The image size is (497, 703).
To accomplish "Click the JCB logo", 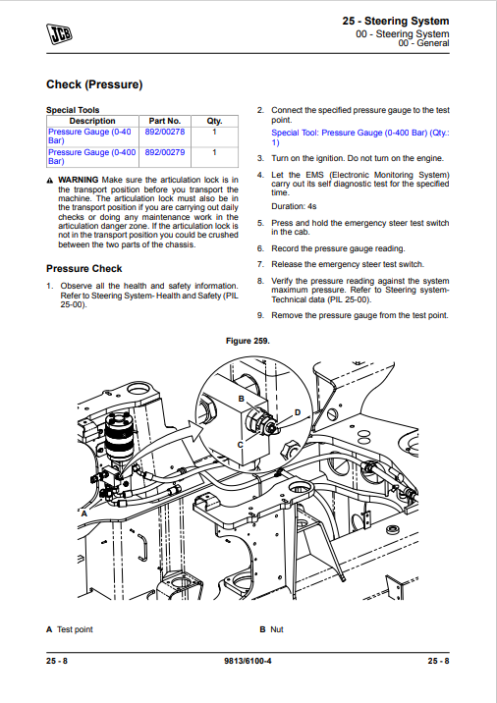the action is tap(59, 34).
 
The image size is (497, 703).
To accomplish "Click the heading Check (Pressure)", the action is tap(94, 84).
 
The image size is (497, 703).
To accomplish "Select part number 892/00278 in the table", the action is tap(165, 132).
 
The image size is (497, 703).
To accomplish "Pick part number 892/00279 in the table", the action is tap(165, 152).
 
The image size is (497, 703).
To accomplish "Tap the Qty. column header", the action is tap(214, 121).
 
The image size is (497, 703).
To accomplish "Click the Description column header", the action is tap(92, 121).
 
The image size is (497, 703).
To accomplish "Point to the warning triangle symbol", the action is tap(50, 181).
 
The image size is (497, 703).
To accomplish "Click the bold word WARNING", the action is tap(78, 180).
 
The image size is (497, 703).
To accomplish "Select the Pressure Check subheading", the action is tap(83, 269).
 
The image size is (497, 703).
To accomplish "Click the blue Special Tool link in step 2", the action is tap(360, 137).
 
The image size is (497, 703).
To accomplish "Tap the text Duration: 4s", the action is tap(294, 207).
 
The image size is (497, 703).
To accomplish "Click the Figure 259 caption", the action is tap(248, 341).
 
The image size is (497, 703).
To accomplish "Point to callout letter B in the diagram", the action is tap(242, 399).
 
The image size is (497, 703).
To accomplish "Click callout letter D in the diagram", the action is tap(298, 412).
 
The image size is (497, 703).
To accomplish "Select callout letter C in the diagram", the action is tap(240, 445).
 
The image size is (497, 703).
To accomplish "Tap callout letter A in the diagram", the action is tap(83, 514).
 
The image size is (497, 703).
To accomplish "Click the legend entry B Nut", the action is tap(271, 629).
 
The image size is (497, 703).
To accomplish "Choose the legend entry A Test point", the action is tap(70, 629).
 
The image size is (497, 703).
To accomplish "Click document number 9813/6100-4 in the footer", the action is tap(248, 661).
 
